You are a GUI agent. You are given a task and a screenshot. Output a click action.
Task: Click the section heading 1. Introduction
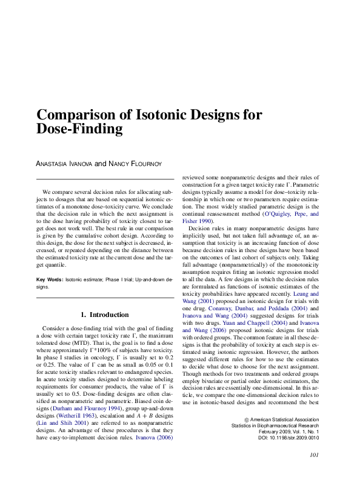[x=105, y=315]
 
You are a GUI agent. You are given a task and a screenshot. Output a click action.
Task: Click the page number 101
[x=314, y=456]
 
